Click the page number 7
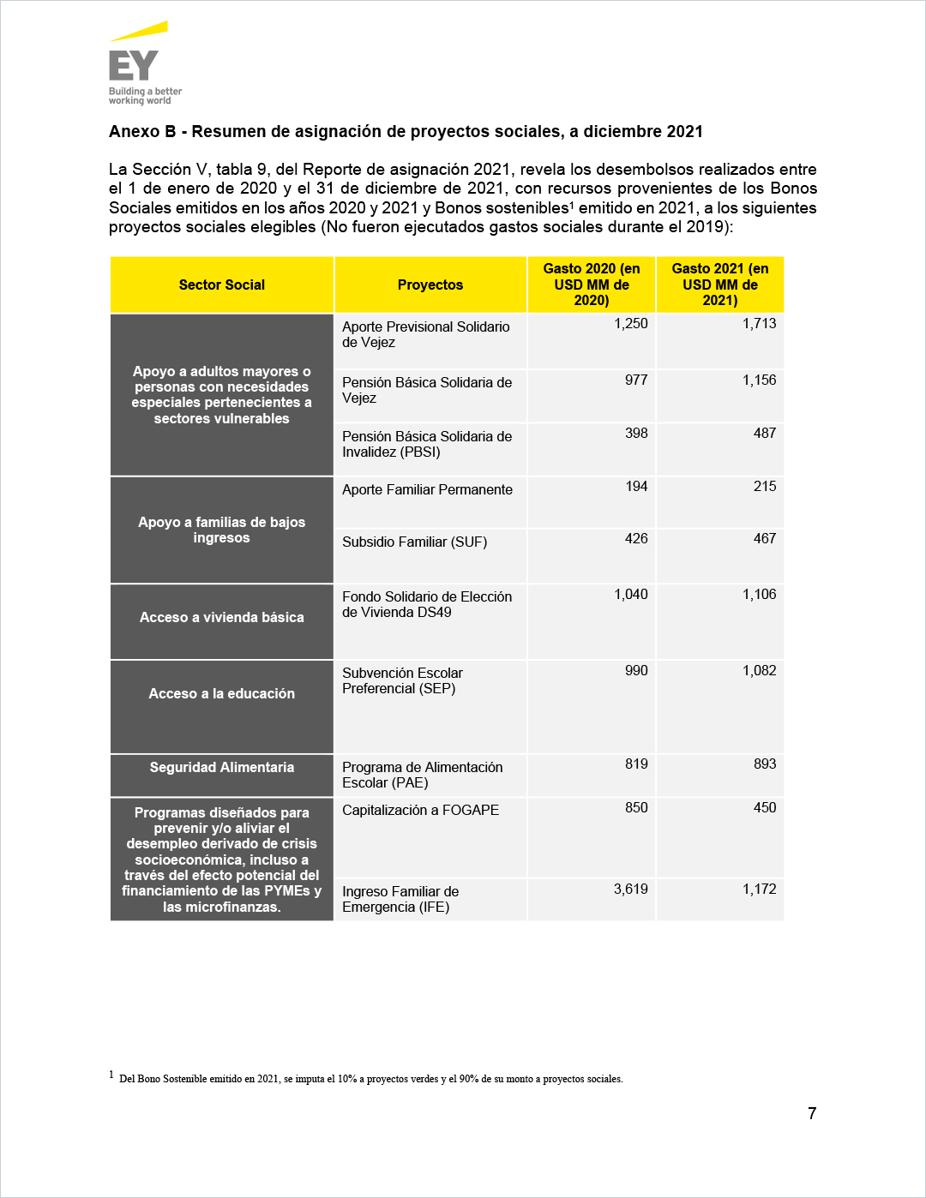pyautogui.click(x=812, y=1113)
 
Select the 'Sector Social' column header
pyautogui.click(x=221, y=285)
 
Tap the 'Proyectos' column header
pyautogui.click(x=430, y=285)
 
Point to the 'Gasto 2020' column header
pyautogui.click(x=592, y=285)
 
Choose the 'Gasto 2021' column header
pyautogui.click(x=720, y=285)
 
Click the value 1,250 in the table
pyautogui.click(x=631, y=324)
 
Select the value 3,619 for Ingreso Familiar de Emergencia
pyautogui.click(x=631, y=890)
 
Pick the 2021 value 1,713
pyautogui.click(x=759, y=324)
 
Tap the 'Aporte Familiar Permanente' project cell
pyautogui.click(x=427, y=489)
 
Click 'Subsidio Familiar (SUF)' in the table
pyautogui.click(x=414, y=542)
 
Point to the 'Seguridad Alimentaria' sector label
pyautogui.click(x=221, y=767)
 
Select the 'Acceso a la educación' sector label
pyautogui.click(x=221, y=693)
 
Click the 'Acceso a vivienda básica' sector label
pyautogui.click(x=221, y=617)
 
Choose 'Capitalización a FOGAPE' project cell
pyautogui.click(x=420, y=810)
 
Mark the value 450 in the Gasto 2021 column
pyautogui.click(x=765, y=808)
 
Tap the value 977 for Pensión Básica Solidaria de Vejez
pyautogui.click(x=636, y=380)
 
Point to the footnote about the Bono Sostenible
pyautogui.click(x=370, y=1079)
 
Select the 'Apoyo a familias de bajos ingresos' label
pyautogui.click(x=221, y=530)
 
